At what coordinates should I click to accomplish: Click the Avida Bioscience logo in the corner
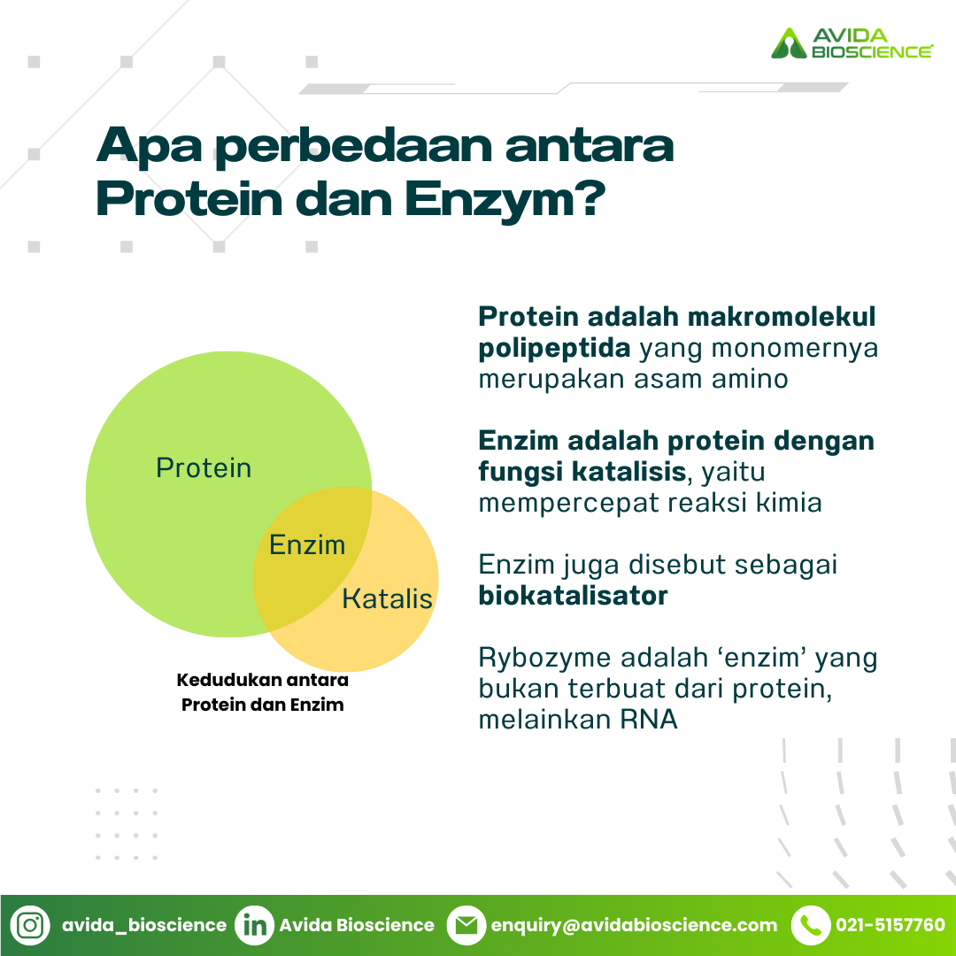coord(852,42)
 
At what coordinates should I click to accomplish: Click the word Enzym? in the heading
coord(505,199)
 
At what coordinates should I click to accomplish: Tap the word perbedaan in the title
coord(353,146)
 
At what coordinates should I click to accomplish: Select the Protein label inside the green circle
coord(204,467)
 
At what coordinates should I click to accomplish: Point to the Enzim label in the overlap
coord(307,544)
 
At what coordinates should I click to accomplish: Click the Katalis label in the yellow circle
coord(387,598)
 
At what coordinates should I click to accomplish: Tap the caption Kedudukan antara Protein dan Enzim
coord(263,692)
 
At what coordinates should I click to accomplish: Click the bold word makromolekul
coord(782,316)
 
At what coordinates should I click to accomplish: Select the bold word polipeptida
coord(554,348)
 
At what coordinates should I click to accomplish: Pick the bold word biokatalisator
coord(573,596)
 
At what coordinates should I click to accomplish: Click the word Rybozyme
coord(545,659)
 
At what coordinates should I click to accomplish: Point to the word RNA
coord(649,720)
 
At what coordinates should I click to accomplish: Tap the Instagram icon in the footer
coord(30,926)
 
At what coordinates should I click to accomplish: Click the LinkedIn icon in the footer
coord(254,926)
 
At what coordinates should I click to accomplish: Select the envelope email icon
coord(466,926)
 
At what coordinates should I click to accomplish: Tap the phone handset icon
coord(811,926)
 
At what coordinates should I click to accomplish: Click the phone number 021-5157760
coord(890,925)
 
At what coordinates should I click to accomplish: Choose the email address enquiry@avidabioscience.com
coord(634,926)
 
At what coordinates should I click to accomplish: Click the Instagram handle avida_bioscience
coord(144,926)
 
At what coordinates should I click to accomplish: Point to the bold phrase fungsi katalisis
coord(582,472)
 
